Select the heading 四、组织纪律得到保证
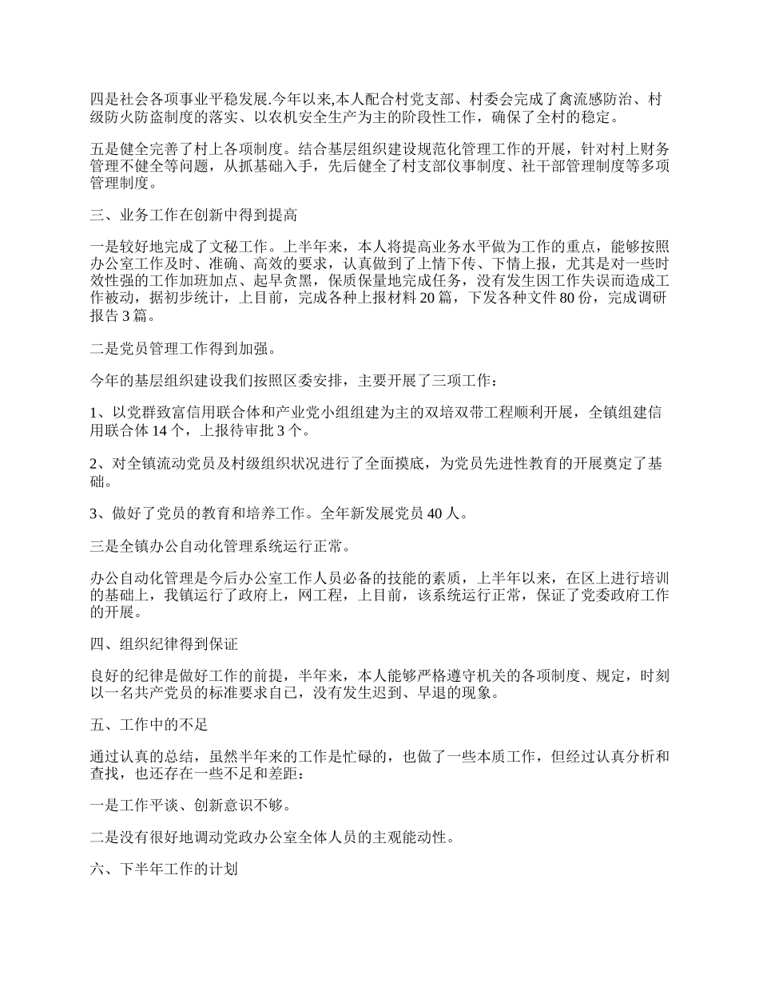coord(165,643)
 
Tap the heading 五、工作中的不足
coord(150,725)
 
